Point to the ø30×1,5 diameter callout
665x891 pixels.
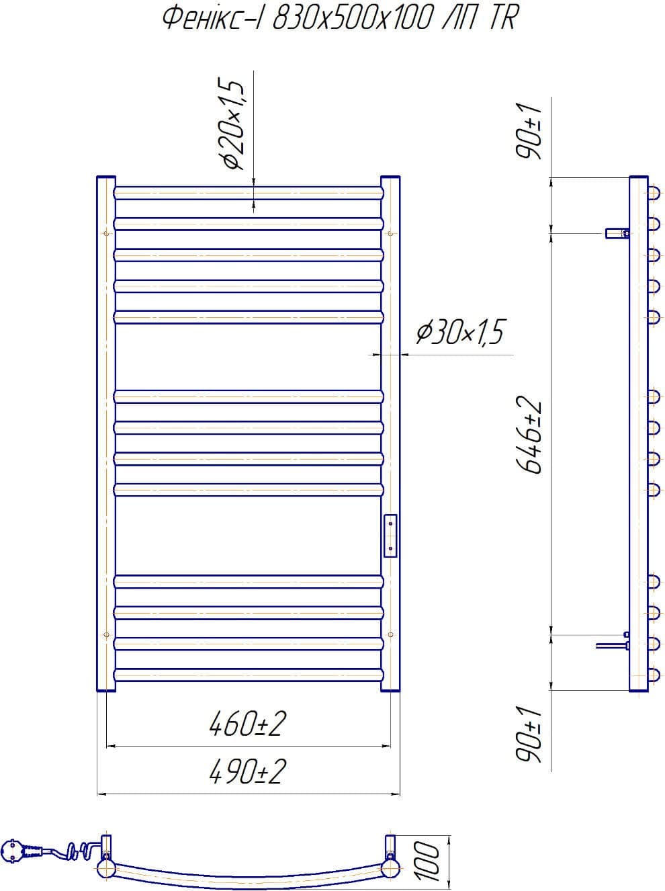pyautogui.click(x=460, y=332)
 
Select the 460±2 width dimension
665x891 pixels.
pyautogui.click(x=248, y=724)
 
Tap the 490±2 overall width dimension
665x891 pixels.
pyautogui.click(x=248, y=771)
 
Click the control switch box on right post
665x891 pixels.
pyautogui.click(x=390, y=535)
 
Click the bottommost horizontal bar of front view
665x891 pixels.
pyautogui.click(x=249, y=674)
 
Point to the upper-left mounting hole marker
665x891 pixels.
pyautogui.click(x=107, y=233)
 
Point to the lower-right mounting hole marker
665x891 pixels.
pyautogui.click(x=390, y=634)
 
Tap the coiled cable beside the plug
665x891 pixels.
pyautogui.click(x=71, y=851)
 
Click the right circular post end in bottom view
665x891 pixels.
pyautogui.click(x=389, y=868)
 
